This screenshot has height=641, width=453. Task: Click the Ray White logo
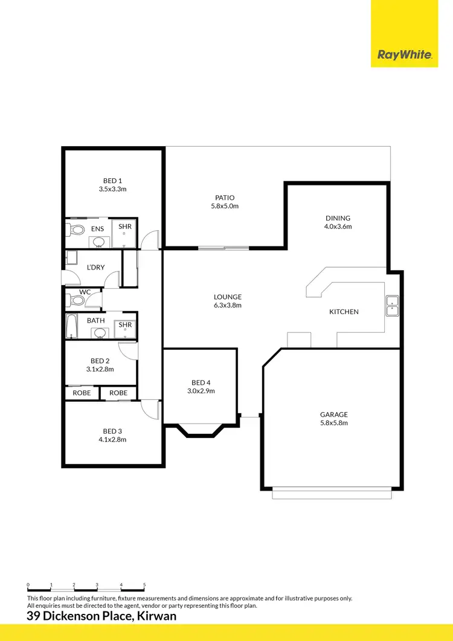pos(405,54)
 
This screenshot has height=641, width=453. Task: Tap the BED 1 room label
pos(112,181)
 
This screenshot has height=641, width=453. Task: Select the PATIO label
pos(225,198)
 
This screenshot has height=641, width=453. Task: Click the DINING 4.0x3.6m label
pos(337,222)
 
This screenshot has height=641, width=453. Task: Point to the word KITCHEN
pos(344,312)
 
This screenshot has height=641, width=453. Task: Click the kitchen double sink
pos(392,305)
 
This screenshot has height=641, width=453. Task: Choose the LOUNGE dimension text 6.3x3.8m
pos(228,305)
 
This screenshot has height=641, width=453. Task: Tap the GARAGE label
pos(334,414)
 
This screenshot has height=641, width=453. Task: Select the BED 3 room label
pos(112,431)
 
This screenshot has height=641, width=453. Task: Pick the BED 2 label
pos(100,360)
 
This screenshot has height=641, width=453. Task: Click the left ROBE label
pos(82,393)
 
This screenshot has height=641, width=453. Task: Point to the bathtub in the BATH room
pos(71,326)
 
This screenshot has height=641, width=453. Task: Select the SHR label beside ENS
pos(125,226)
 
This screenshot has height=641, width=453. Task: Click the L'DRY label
pos(97,267)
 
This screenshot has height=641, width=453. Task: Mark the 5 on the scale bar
pos(144,585)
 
